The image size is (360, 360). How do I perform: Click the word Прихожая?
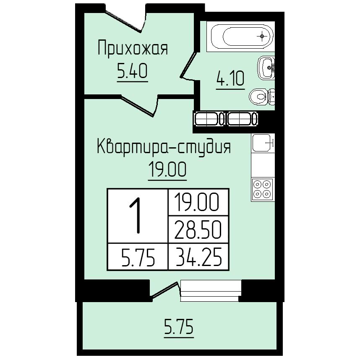point(133,48)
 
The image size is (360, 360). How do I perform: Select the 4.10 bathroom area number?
point(230,78)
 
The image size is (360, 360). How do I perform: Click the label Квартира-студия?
point(164,147)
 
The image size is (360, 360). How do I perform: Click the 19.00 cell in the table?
point(197,202)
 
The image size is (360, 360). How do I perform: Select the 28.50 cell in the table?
point(198,230)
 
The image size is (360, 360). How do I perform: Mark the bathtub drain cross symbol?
point(262,36)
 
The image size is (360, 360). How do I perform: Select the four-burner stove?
point(263,189)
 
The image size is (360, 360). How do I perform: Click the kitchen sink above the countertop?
point(263,143)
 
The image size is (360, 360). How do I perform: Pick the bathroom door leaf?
point(188,65)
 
